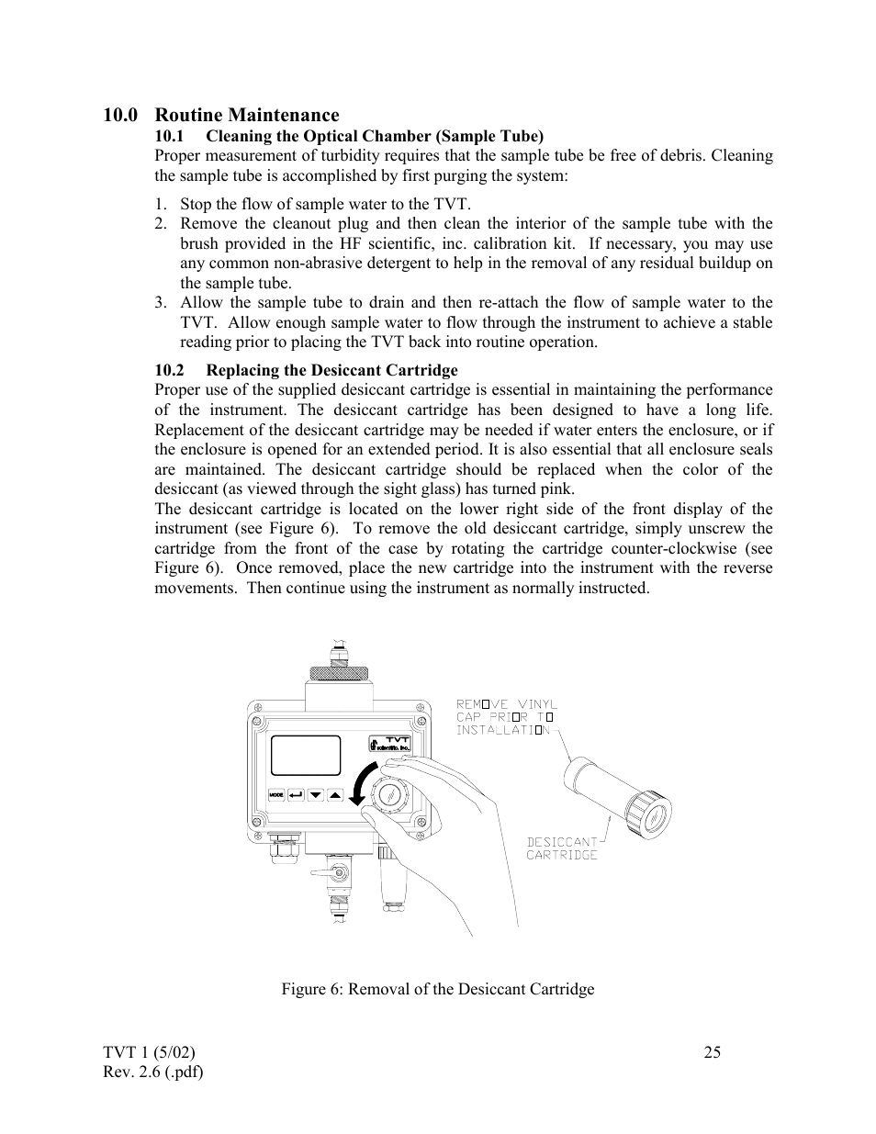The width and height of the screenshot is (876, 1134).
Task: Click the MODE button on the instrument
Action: coord(276,795)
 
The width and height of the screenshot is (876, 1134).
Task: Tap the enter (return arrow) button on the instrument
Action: coord(296,795)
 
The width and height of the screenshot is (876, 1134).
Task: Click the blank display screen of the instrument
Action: coord(305,756)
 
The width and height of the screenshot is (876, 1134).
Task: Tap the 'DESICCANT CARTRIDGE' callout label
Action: coord(561,848)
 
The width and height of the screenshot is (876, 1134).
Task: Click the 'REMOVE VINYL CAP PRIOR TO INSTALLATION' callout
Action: coord(507,717)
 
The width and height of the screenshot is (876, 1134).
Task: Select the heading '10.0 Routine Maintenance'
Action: coord(220,115)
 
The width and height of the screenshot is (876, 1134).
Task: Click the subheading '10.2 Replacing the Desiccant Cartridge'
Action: coord(306,370)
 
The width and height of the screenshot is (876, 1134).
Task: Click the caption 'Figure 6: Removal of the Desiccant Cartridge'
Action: coord(437,989)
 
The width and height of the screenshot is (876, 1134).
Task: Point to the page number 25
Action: coord(713,1052)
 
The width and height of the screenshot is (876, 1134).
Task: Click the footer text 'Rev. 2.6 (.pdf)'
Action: coord(153,1072)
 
